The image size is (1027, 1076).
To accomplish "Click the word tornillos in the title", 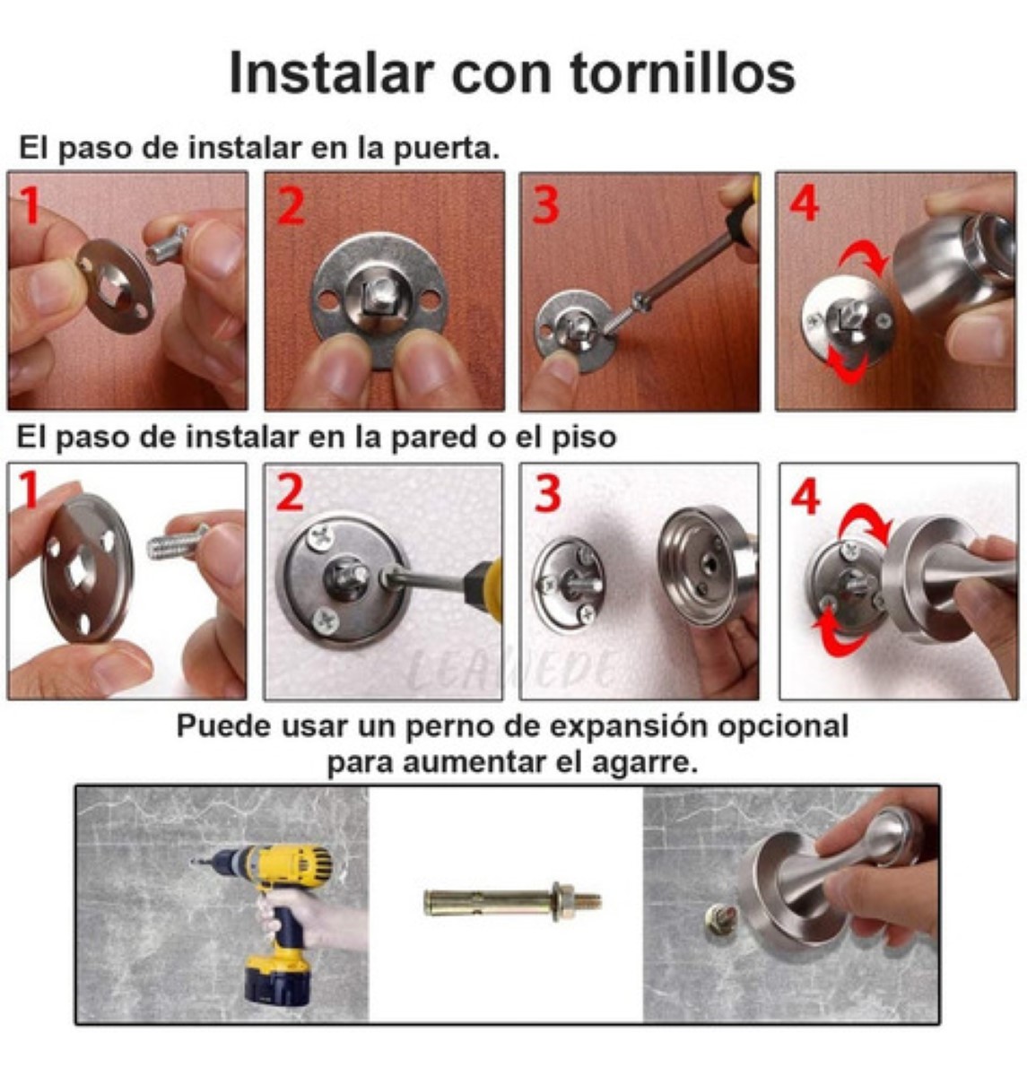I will [683, 73].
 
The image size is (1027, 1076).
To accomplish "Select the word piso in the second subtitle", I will [586, 438].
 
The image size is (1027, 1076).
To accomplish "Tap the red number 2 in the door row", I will [290, 205].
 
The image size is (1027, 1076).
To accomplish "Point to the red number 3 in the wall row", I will [548, 495].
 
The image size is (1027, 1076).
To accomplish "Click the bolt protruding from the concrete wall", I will [720, 921].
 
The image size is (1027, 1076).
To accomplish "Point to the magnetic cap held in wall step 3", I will [704, 565].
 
